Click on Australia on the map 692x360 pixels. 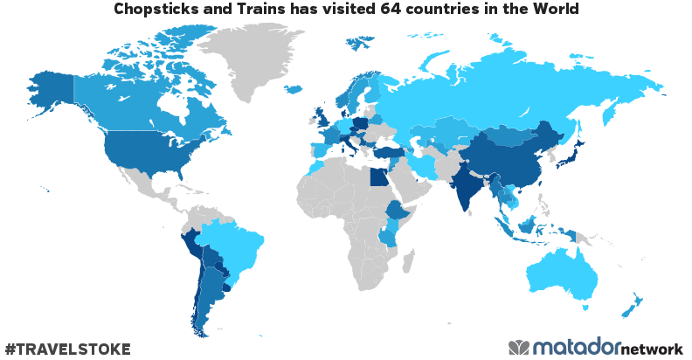pyautogui.click(x=568, y=275)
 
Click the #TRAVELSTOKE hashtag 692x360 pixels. pyautogui.click(x=68, y=349)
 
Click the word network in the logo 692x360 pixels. pyautogui.click(x=652, y=349)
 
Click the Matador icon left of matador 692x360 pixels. pyautogui.click(x=519, y=347)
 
